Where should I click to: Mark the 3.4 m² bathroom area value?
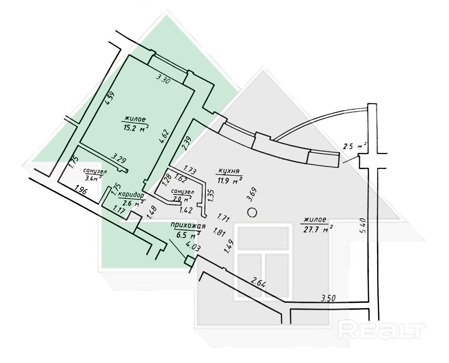point(93,177)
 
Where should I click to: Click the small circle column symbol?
point(252,212)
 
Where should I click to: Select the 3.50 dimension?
point(329,298)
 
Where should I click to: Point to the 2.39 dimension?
point(187,143)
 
